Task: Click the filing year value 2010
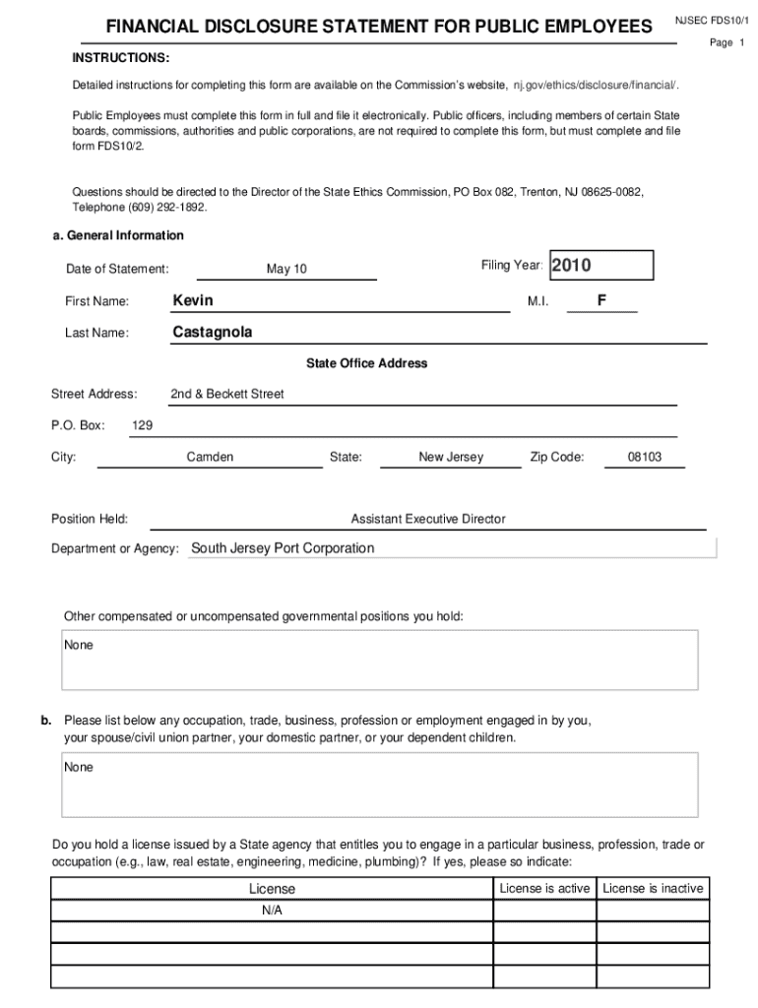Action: pos(571,266)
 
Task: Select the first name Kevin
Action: pos(193,300)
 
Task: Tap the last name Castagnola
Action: pos(213,332)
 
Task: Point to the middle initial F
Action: pos(600,300)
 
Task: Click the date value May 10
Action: pos(286,269)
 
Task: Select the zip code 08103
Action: pos(645,457)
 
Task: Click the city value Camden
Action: pos(210,457)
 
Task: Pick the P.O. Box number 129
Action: pos(142,425)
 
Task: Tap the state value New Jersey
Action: pos(451,457)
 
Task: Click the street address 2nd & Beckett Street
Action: pos(227,394)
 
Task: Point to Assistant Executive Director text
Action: pos(428,519)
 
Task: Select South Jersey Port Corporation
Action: pos(283,548)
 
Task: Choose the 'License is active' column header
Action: pos(544,888)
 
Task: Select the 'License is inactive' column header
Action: pos(653,888)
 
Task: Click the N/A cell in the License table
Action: pos(272,911)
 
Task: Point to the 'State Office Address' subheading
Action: pos(366,363)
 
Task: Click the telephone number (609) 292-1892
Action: pos(167,208)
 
